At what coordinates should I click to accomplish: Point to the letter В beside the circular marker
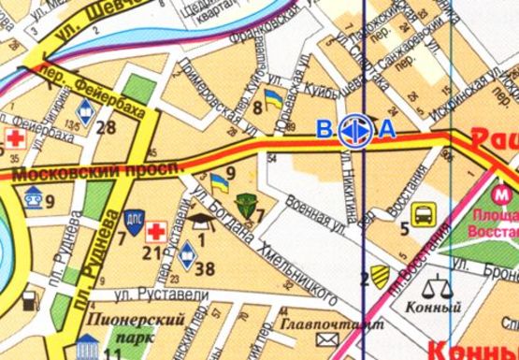tap(324, 129)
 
